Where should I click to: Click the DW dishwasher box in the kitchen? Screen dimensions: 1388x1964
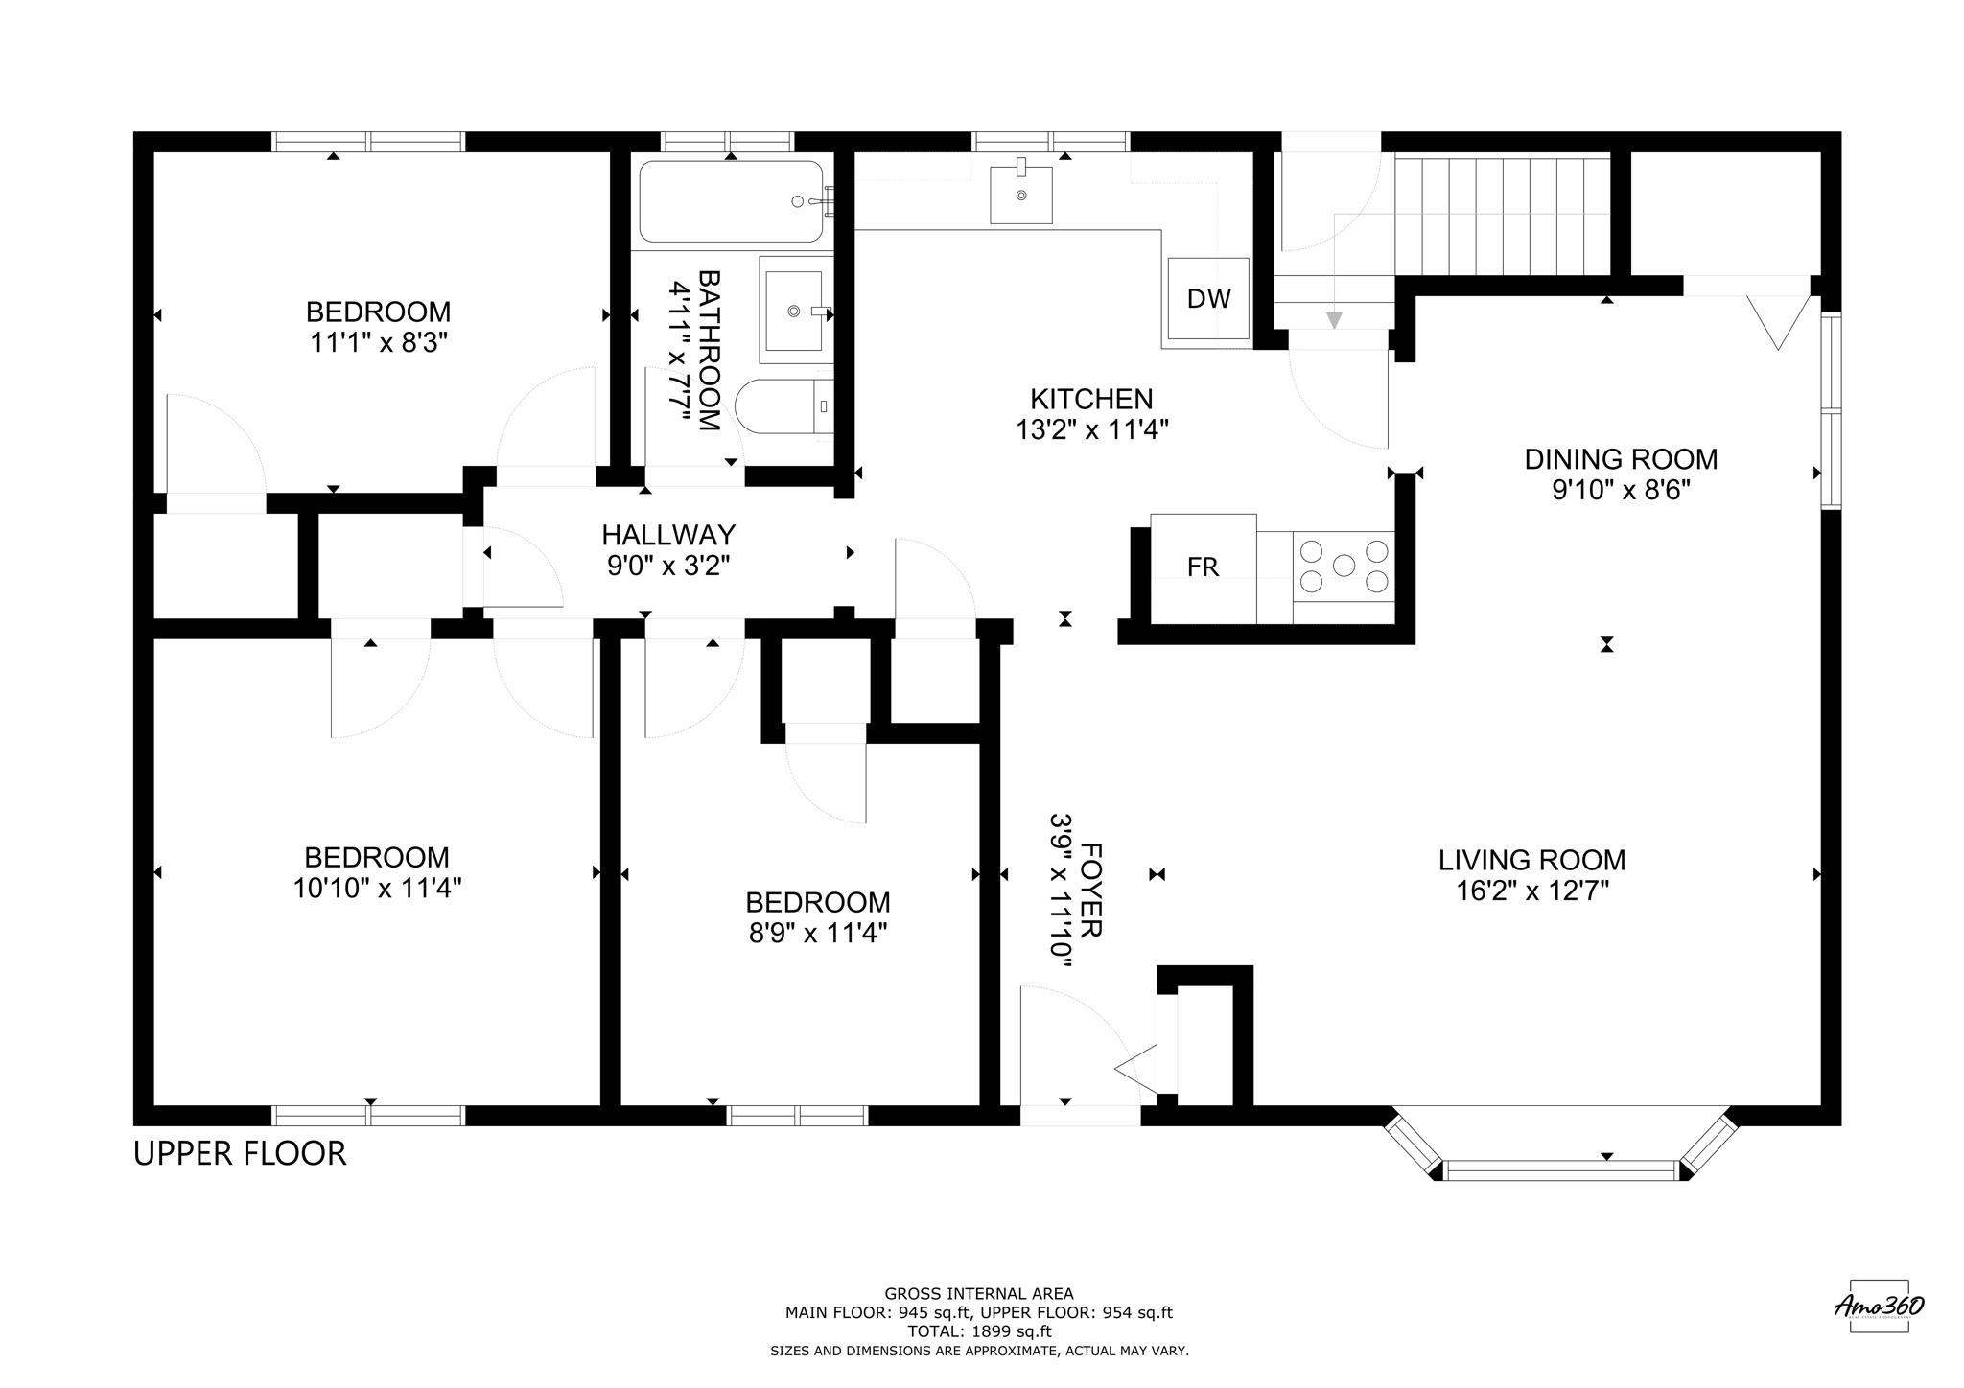(x=1208, y=298)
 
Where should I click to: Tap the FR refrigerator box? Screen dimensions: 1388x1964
(x=1203, y=567)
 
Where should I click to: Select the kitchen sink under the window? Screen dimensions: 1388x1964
(x=1020, y=196)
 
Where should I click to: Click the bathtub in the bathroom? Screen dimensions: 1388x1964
(x=731, y=201)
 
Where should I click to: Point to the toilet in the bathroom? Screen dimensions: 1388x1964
(x=782, y=406)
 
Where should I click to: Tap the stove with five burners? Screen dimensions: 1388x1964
(x=1344, y=566)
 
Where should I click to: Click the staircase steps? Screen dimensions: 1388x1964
(x=1502, y=217)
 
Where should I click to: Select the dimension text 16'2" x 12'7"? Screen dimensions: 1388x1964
(x=1531, y=891)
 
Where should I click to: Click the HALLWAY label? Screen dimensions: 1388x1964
(x=668, y=534)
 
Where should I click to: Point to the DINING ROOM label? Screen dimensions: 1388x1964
(x=1621, y=459)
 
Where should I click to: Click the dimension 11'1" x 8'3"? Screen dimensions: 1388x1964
(x=379, y=342)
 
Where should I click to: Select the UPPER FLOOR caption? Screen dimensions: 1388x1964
(x=240, y=1154)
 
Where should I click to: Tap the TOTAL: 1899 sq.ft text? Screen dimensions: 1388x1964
(x=979, y=1331)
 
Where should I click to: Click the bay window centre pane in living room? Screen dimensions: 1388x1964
(x=1561, y=1169)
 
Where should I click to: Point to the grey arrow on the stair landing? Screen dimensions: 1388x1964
(x=1334, y=319)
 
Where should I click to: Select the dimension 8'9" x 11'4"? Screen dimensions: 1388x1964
(x=817, y=933)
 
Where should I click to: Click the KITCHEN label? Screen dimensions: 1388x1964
(x=1091, y=399)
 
